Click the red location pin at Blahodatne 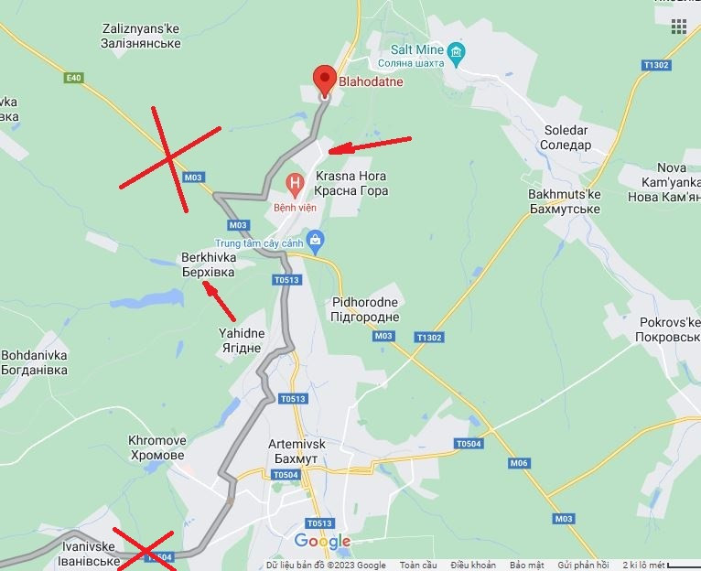click(324, 80)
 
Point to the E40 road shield click(74, 78)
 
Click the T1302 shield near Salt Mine click(656, 65)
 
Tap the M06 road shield click(519, 463)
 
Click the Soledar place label click(566, 137)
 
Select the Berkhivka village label click(208, 264)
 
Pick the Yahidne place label click(241, 340)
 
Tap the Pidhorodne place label click(366, 309)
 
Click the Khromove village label click(157, 447)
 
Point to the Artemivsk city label click(297, 450)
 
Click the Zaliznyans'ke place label click(142, 36)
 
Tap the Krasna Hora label click(350, 183)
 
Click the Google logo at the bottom click(322, 541)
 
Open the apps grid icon click(678, 27)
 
